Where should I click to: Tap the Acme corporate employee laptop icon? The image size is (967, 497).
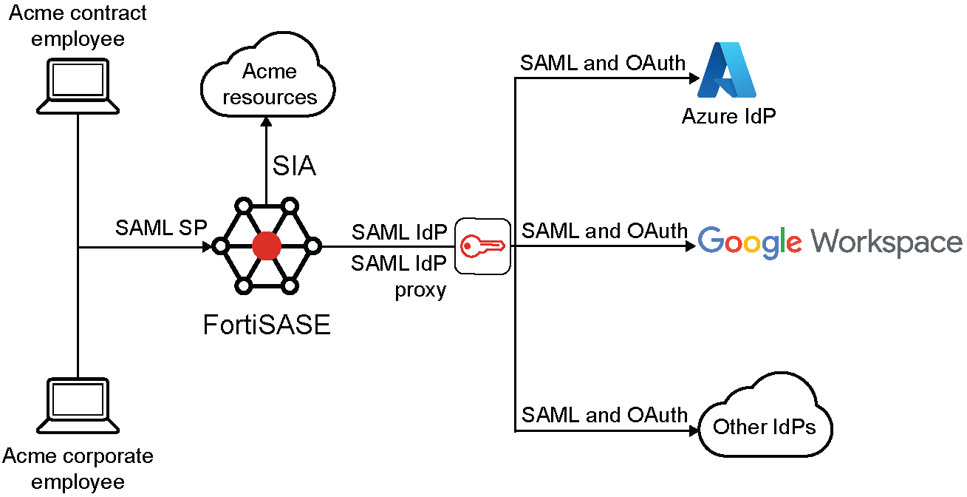click(78, 407)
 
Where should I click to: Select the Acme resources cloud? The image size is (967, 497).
click(269, 84)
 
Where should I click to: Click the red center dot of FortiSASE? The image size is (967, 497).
click(266, 246)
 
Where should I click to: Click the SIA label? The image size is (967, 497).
click(294, 166)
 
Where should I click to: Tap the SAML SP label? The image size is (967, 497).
click(161, 228)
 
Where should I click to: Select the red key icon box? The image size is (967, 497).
click(482, 246)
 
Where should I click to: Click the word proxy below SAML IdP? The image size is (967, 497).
click(420, 289)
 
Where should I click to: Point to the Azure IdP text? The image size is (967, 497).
click(728, 116)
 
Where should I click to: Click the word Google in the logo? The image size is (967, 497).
click(749, 242)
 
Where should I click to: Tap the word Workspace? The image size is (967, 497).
click(886, 242)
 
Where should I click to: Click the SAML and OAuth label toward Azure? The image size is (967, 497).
click(603, 63)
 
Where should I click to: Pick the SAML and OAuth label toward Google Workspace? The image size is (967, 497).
click(604, 231)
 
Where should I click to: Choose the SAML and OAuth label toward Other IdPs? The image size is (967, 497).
click(604, 415)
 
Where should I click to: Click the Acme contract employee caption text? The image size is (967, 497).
click(78, 25)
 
